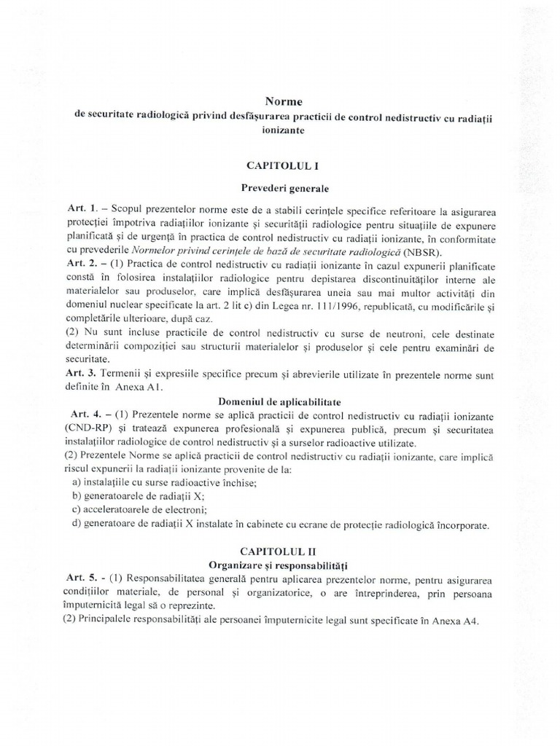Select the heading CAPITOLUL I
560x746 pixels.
(279, 166)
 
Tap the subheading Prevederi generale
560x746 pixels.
(279, 187)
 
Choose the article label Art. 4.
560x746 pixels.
(82, 414)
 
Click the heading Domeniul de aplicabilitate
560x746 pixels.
(280, 401)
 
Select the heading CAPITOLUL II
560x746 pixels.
(279, 553)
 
